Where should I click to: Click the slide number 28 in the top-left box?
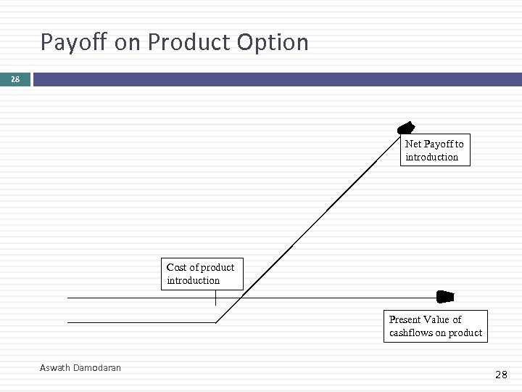coord(15,78)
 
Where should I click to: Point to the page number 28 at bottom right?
coord(501,375)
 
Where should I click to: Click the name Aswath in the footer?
coord(56,368)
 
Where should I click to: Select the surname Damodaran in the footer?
coord(97,368)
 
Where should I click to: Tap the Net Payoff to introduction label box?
coord(435,150)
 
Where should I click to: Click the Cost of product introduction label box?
coord(202,274)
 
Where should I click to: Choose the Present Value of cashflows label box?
coord(435,326)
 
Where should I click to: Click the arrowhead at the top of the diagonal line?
coord(407,127)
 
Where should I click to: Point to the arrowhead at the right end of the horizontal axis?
coord(445,296)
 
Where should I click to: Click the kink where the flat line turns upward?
coord(216,322)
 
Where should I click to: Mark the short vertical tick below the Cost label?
coord(216,298)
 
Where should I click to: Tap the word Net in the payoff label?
coord(413,144)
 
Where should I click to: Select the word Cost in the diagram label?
coord(178,267)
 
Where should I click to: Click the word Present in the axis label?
coord(405,319)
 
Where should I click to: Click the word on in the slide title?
coord(128,43)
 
